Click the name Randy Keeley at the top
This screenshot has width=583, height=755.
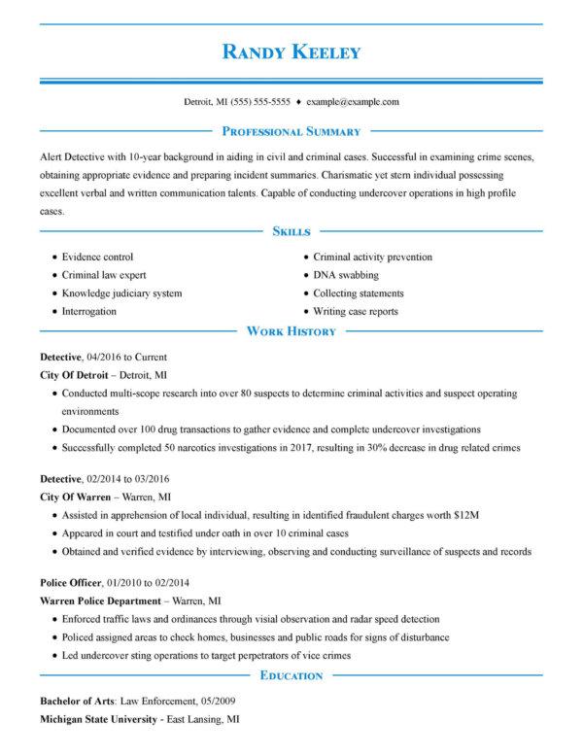click(x=291, y=51)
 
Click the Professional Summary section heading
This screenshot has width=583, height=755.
click(x=291, y=131)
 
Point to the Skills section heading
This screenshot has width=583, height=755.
click(x=291, y=232)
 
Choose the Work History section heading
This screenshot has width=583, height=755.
click(x=291, y=331)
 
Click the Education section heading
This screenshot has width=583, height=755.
click(x=291, y=675)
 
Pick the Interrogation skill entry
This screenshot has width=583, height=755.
click(x=88, y=311)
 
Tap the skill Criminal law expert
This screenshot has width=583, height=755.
click(x=104, y=275)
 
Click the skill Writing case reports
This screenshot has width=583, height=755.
click(x=356, y=311)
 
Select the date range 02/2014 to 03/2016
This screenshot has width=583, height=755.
click(x=128, y=479)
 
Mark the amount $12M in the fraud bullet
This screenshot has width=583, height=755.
click(x=468, y=514)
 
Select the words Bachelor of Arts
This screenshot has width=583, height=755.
click(x=78, y=701)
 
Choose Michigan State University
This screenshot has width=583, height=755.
click(x=98, y=720)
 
